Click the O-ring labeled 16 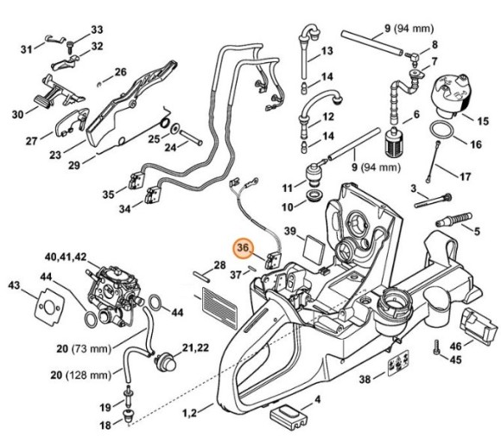click(x=443, y=129)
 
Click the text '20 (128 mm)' click(x=79, y=374)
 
